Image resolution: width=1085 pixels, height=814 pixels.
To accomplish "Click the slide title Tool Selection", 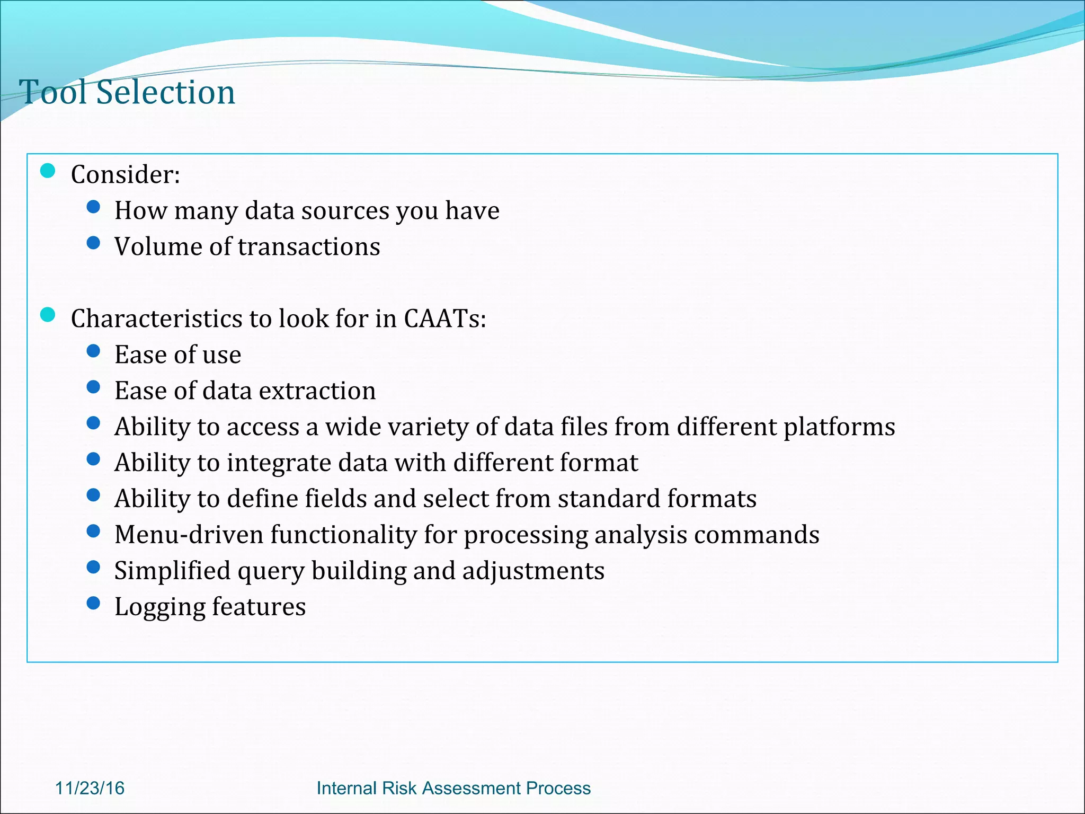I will tap(127, 93).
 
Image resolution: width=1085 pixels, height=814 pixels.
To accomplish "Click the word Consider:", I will tap(126, 174).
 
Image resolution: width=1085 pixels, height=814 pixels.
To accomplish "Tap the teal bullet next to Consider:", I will tap(48, 171).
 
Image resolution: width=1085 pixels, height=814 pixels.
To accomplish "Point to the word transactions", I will tap(309, 247).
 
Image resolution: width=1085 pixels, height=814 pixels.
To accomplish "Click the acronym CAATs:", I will tap(444, 318).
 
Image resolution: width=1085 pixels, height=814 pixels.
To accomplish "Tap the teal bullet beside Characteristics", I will tap(48, 315).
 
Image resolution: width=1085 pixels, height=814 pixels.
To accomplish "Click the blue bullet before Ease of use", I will tap(93, 351).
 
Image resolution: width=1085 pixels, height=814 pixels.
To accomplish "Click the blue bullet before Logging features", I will tap(93, 603).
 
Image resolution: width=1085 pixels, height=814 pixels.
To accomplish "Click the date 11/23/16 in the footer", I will tap(90, 788).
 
